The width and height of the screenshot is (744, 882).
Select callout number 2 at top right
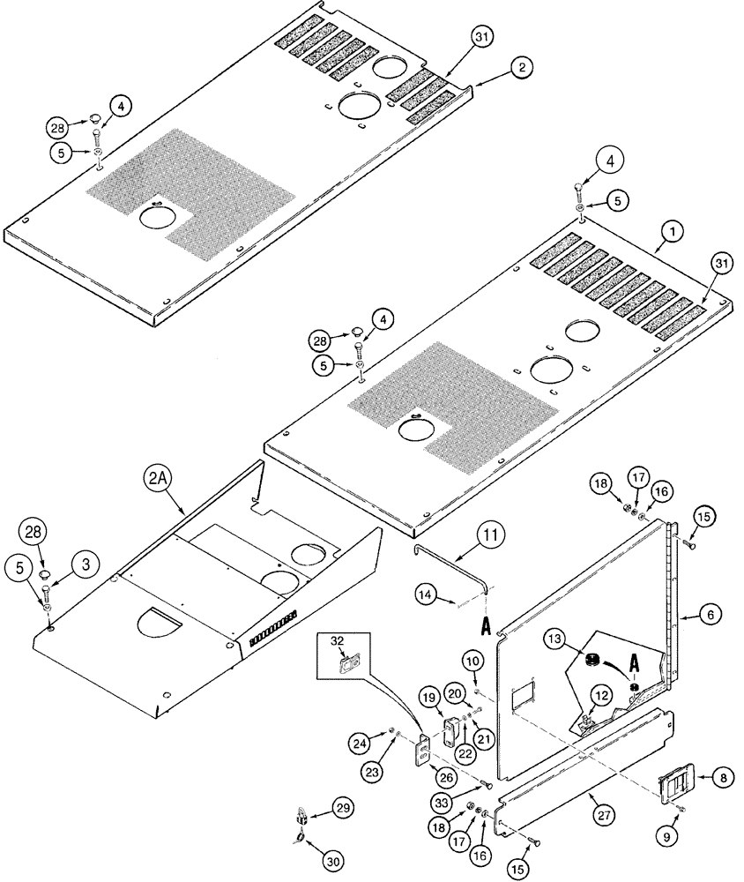click(x=522, y=67)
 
